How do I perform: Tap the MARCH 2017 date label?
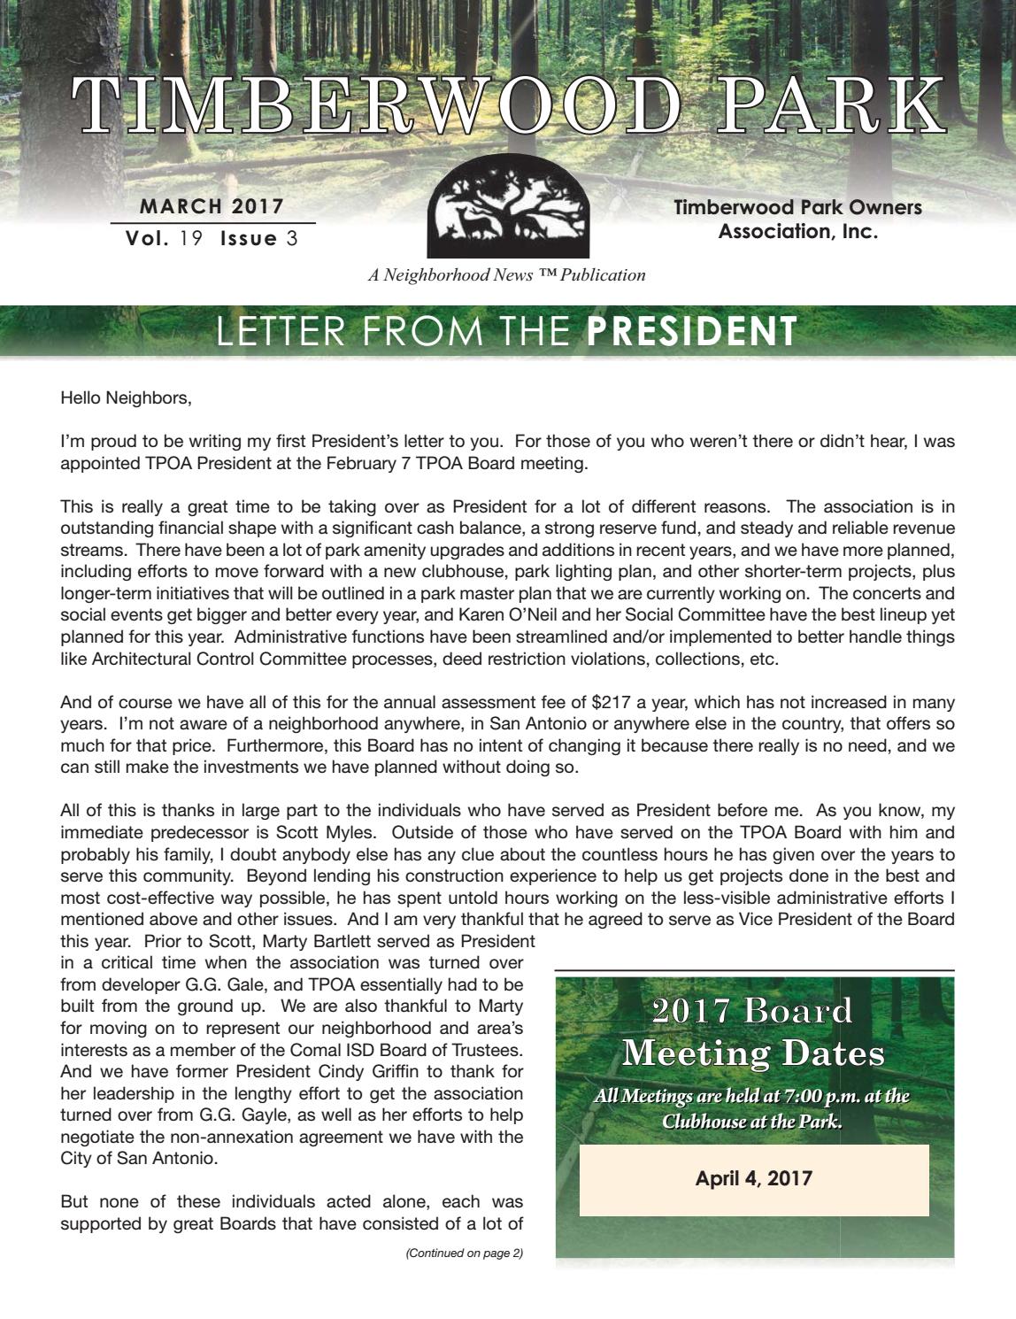click(212, 207)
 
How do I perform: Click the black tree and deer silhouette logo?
click(508, 214)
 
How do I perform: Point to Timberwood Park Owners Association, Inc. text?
click(797, 220)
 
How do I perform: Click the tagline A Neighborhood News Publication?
click(507, 274)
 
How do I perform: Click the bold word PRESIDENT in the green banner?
click(692, 331)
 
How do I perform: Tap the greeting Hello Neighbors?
click(126, 397)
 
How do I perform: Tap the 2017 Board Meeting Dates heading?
click(753, 1032)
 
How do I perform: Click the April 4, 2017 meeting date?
click(754, 1178)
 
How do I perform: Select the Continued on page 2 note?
click(464, 1253)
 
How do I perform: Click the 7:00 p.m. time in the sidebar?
click(813, 1096)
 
